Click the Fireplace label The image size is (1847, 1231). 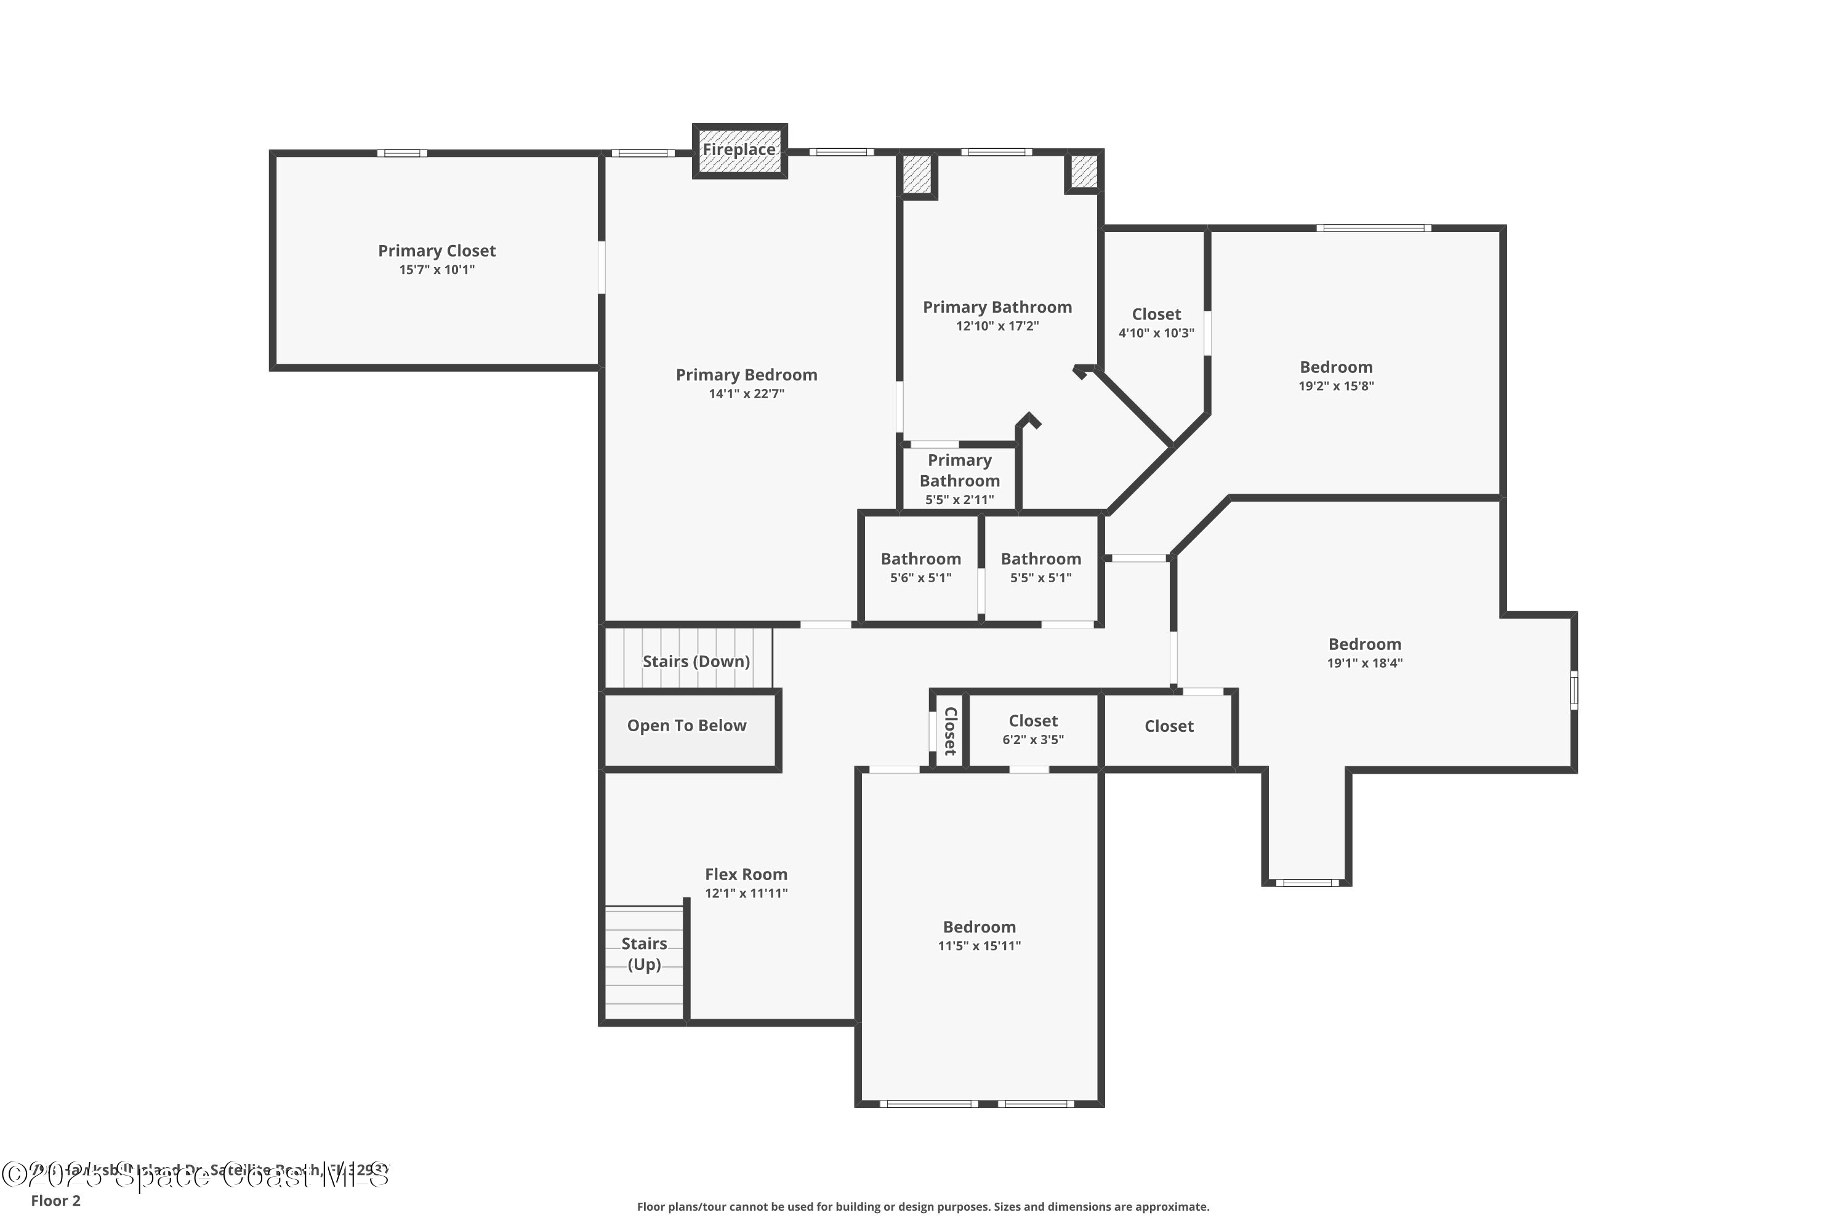click(x=738, y=149)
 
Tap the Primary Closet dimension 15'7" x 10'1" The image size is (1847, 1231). click(x=437, y=270)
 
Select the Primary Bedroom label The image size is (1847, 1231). click(x=746, y=375)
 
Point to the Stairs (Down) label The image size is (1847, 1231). click(x=696, y=662)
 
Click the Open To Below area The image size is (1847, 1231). click(x=686, y=726)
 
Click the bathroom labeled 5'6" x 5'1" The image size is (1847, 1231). click(x=920, y=567)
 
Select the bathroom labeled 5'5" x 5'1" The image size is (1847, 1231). click(x=1040, y=567)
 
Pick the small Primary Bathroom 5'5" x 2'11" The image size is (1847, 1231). click(x=960, y=479)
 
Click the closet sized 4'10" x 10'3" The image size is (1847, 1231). click(x=1156, y=323)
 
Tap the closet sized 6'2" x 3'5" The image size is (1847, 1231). click(x=1032, y=729)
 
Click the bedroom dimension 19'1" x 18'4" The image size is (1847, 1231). click(x=1365, y=664)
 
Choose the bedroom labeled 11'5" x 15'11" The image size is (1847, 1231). click(x=980, y=936)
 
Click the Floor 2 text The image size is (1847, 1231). click(x=56, y=1200)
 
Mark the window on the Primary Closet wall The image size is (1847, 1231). click(x=402, y=153)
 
